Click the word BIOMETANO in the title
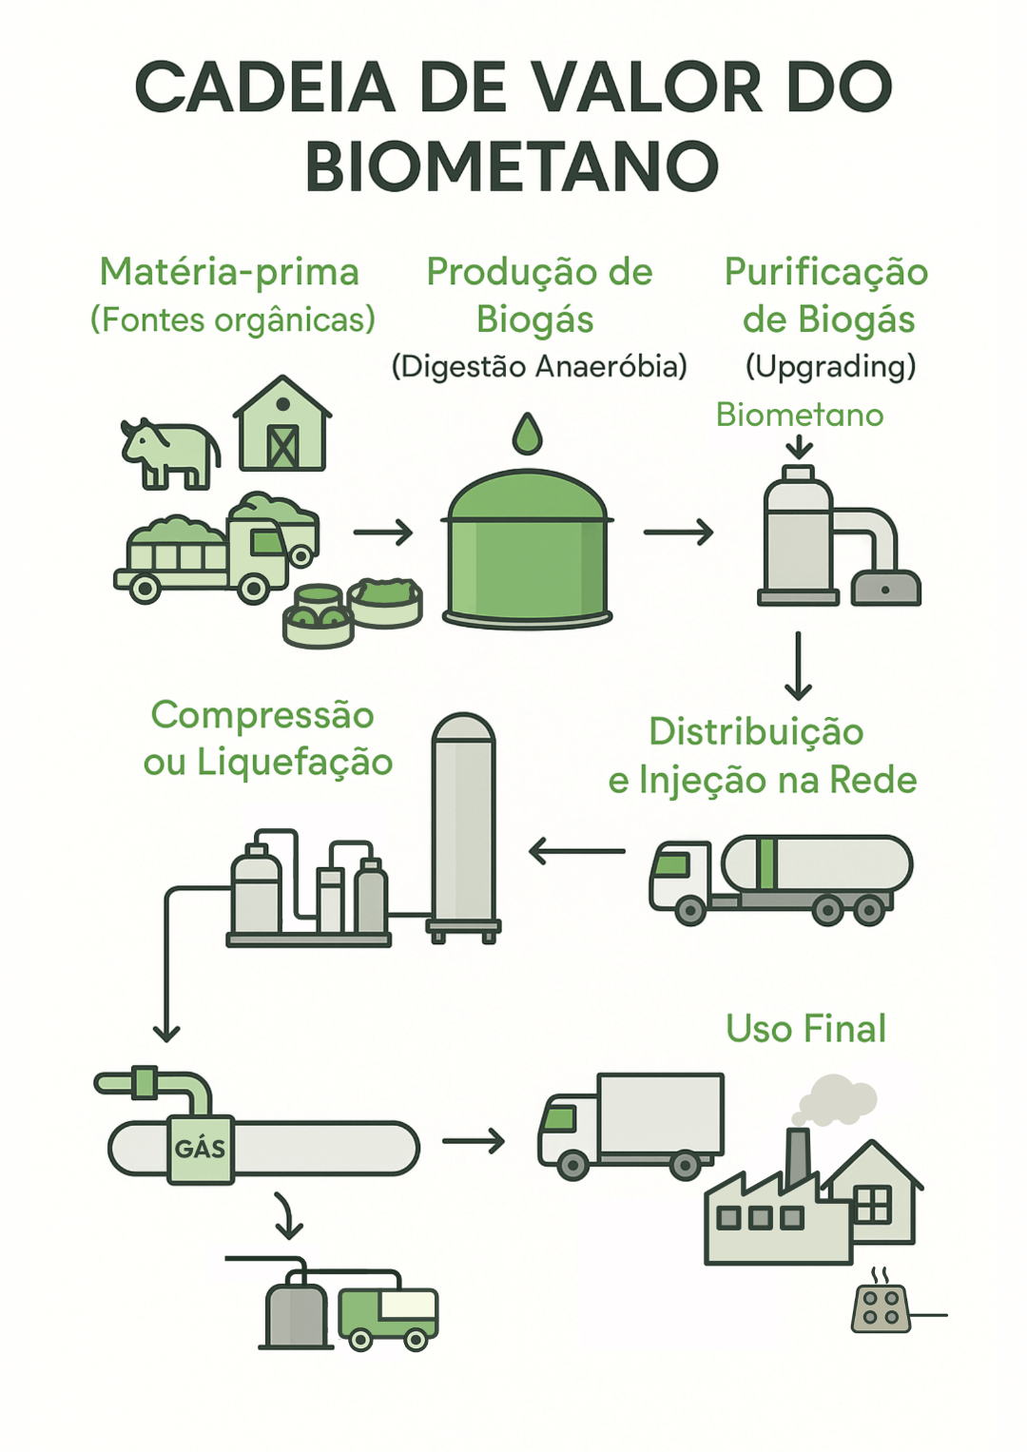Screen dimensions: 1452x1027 (512, 166)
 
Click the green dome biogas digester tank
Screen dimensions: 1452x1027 (528, 552)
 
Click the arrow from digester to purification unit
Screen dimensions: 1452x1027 (678, 532)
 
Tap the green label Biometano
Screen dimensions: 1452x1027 (800, 415)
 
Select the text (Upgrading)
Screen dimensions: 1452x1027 (830, 366)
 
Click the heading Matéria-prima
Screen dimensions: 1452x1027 (229, 272)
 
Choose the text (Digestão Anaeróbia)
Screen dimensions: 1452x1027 (539, 366)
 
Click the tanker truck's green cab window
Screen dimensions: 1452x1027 (672, 864)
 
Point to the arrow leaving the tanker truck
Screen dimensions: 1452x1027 (576, 850)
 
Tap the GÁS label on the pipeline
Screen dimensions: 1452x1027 (201, 1149)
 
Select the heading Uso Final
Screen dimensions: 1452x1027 (805, 1029)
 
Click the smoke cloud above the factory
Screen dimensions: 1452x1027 (838, 1098)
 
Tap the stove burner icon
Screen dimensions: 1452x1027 (881, 1307)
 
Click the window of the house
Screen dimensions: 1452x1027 (872, 1205)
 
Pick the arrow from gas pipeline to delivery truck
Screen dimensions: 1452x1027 (474, 1139)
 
